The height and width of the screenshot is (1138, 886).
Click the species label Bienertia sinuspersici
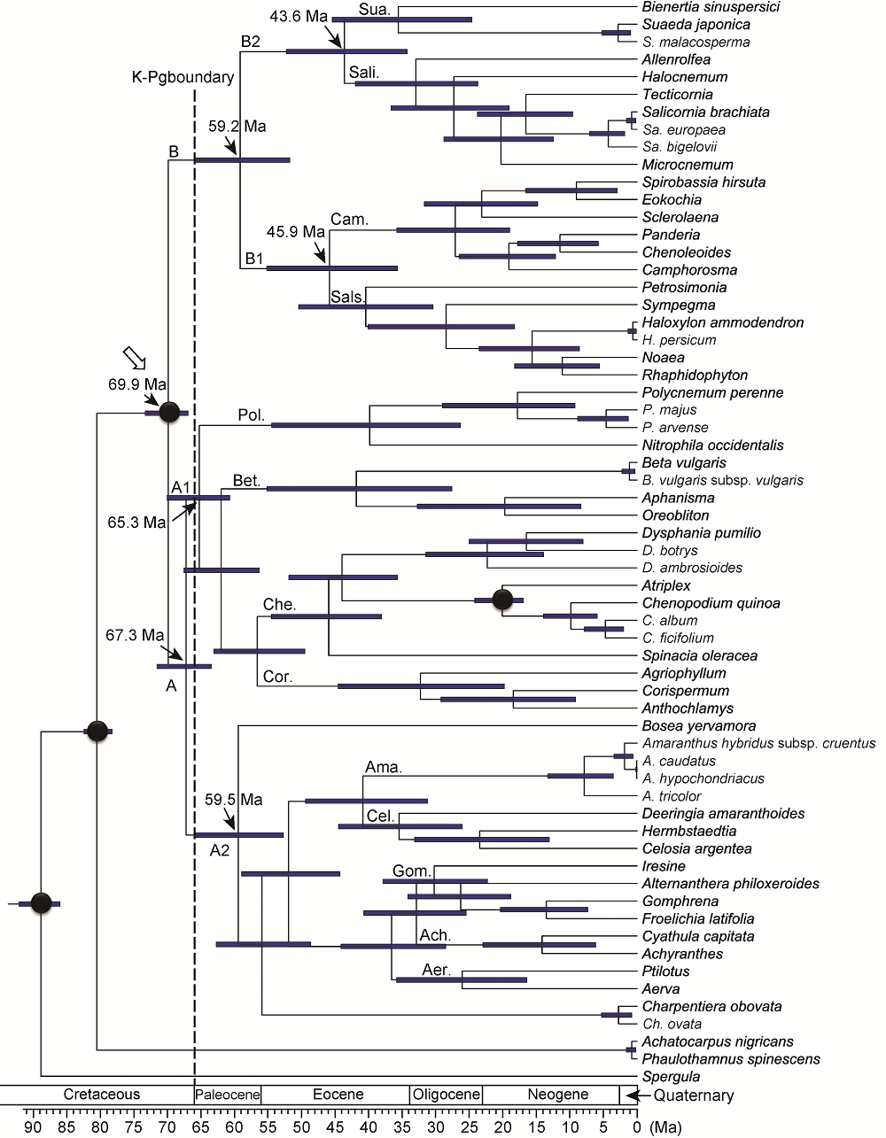[711, 7]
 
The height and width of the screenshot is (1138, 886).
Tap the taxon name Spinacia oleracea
[699, 655]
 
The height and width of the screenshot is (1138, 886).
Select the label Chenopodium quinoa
[711, 603]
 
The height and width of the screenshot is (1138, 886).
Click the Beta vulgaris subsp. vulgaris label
[722, 480]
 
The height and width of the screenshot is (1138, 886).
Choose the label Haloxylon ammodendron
[722, 322]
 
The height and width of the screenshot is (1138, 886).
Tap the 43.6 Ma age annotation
[298, 16]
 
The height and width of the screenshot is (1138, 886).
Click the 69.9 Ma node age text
[136, 383]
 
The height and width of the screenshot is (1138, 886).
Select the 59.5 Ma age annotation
[233, 799]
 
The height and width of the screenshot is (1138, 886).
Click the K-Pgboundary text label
[183, 77]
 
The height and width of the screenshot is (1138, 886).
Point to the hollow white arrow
[134, 358]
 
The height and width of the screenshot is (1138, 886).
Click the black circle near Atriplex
[502, 600]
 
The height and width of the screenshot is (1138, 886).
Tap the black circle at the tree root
[41, 903]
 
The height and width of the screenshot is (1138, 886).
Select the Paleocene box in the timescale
[228, 1094]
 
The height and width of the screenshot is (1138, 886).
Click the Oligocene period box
[446, 1094]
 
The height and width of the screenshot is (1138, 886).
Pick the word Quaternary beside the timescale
[693, 1095]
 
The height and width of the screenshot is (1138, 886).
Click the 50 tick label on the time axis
[301, 1126]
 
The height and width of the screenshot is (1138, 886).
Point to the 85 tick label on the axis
[66, 1126]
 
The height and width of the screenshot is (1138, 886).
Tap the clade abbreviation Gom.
[411, 871]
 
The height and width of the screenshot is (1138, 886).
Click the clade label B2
[251, 41]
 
